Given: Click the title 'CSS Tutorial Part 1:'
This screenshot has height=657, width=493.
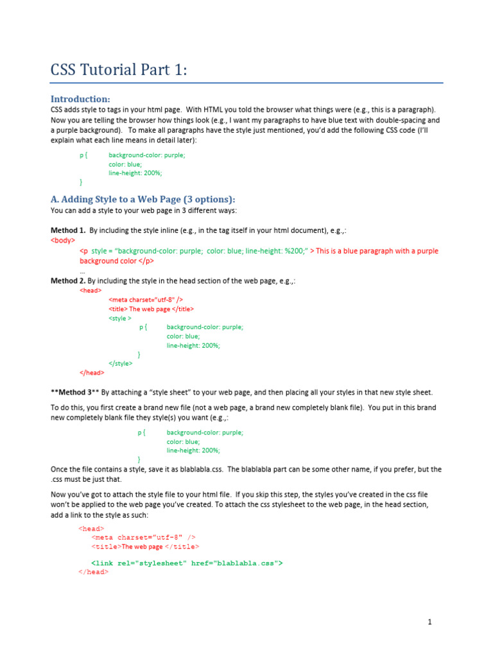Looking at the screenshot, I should (x=119, y=69).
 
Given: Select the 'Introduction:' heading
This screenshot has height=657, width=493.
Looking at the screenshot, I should (x=80, y=99).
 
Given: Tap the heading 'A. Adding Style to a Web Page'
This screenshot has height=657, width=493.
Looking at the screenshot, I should (x=143, y=199).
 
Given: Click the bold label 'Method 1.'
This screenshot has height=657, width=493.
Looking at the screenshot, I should (x=68, y=230).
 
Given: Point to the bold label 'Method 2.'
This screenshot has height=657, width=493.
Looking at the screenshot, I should (x=68, y=280).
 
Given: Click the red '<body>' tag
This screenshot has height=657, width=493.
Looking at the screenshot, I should (x=62, y=240).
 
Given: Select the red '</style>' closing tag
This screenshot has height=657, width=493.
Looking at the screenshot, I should (x=121, y=363).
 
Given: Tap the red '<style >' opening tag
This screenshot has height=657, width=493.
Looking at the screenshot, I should (x=120, y=318).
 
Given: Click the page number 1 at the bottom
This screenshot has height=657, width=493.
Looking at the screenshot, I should (x=429, y=622).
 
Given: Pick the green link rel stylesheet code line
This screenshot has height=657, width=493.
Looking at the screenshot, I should (x=187, y=563).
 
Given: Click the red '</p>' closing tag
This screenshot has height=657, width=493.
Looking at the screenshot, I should (x=146, y=261).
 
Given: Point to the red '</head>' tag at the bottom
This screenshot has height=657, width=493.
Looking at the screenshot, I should (x=93, y=572).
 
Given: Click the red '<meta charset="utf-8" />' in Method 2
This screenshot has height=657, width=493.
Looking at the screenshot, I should (x=146, y=299).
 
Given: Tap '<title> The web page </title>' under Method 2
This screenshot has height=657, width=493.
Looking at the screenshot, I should (x=151, y=309).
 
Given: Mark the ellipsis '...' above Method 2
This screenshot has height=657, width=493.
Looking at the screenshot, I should (x=82, y=271).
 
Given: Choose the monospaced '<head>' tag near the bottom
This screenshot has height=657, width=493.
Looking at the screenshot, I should (x=92, y=529).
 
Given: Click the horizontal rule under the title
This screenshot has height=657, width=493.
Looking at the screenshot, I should (x=246, y=83).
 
